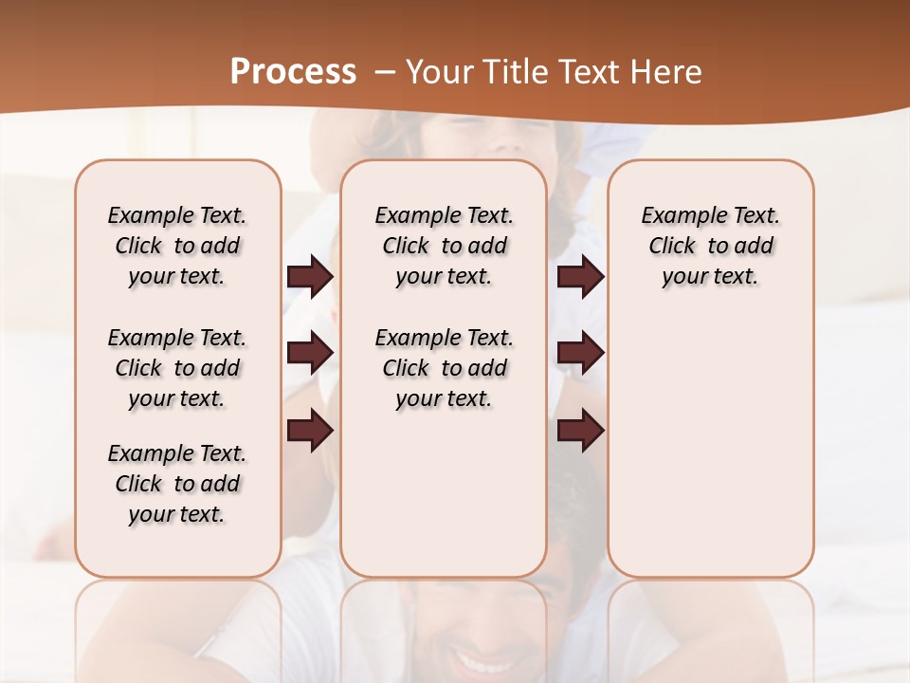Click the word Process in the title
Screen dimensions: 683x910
click(293, 72)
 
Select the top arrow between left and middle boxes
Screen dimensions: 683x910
click(310, 276)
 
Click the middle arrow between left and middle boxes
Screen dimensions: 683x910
click(310, 353)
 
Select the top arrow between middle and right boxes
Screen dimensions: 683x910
click(580, 276)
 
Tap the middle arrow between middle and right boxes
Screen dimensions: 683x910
click(580, 353)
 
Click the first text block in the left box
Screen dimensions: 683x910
click(177, 246)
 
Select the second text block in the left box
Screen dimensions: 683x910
click(177, 368)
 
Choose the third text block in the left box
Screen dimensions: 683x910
click(177, 484)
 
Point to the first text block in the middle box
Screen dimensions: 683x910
click(444, 246)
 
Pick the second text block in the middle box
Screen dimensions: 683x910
click(444, 368)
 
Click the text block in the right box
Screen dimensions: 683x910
click(710, 246)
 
